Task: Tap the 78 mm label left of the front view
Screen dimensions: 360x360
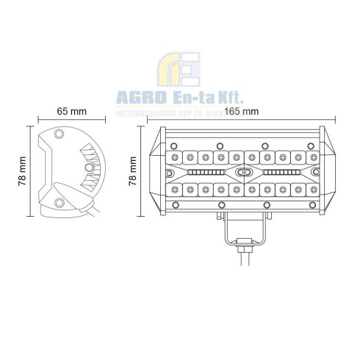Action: tap(133, 172)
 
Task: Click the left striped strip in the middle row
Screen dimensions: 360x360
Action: tap(206, 173)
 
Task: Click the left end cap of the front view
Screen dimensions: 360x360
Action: tap(154, 173)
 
